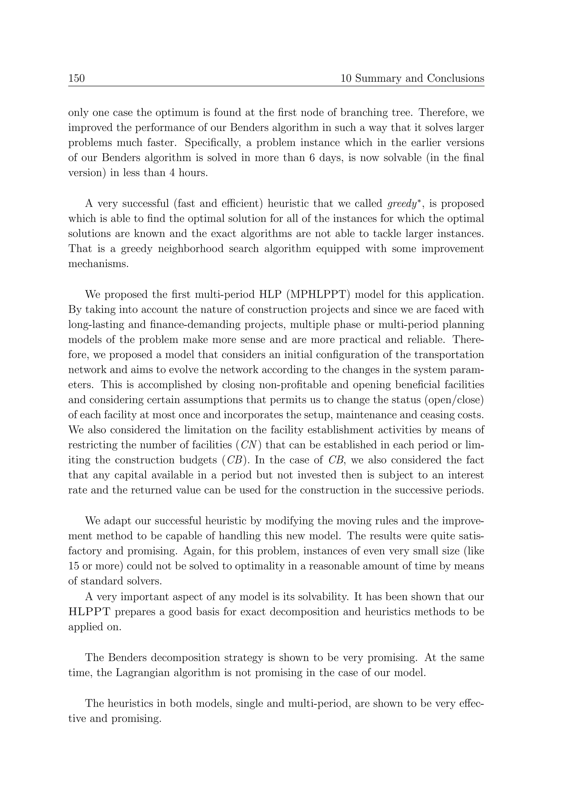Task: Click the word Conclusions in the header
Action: (x=455, y=78)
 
